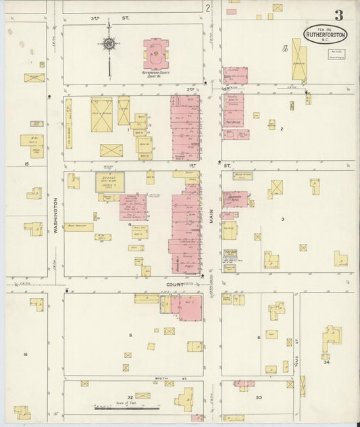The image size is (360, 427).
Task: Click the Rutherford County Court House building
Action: [157, 53]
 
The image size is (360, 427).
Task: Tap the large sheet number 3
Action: [337, 15]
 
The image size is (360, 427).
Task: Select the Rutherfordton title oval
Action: [326, 34]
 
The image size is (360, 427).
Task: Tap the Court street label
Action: [176, 284]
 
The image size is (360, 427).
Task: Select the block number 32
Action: [130, 398]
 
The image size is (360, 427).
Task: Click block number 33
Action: [259, 398]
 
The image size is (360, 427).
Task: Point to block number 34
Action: [326, 362]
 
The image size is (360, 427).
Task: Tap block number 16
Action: [26, 354]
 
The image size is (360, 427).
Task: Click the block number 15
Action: [26, 164]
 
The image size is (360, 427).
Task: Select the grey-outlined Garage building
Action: [109, 182]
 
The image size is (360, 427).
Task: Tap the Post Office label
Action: [234, 122]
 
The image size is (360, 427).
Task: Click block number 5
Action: [130, 334]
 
